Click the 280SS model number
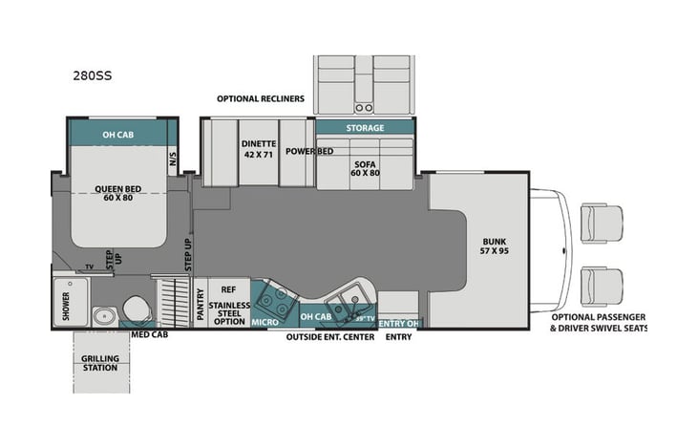point(93,74)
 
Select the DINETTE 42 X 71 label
point(259,148)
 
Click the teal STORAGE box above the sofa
point(365,127)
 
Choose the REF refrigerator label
point(228,288)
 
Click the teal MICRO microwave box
point(264,323)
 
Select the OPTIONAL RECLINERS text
point(260,98)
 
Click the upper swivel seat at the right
point(602,223)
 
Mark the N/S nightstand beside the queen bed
point(173,159)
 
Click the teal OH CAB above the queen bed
point(122,132)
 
